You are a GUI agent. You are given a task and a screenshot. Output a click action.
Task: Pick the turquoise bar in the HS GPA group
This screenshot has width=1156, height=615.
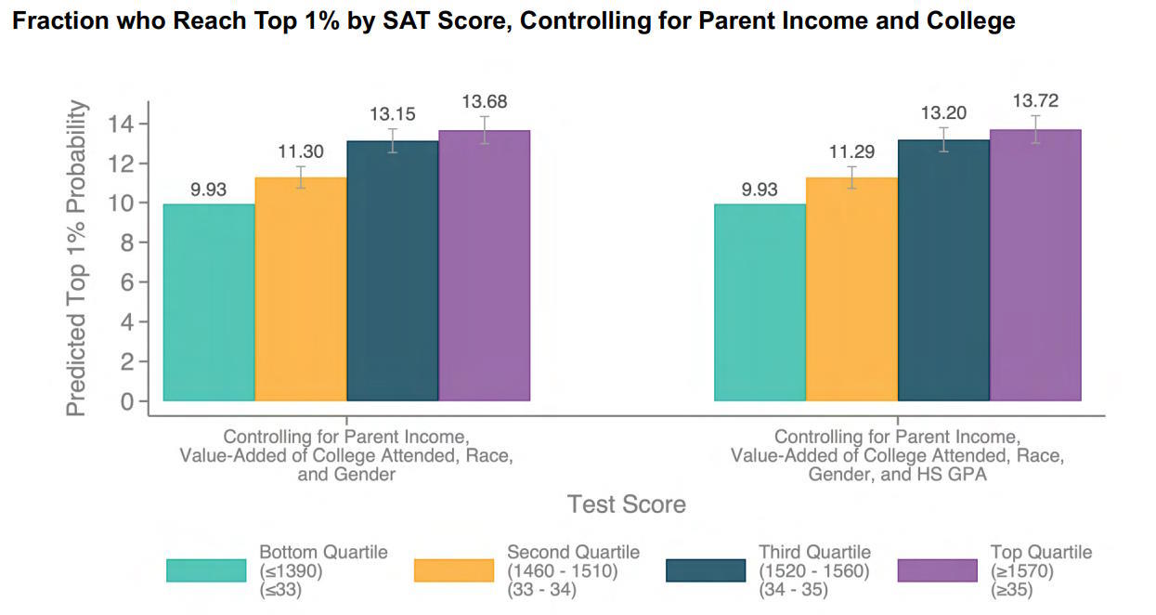(x=760, y=303)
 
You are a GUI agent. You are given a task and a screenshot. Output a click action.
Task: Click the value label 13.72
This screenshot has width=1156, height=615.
(x=1035, y=101)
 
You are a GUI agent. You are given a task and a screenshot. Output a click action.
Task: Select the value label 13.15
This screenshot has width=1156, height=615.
(x=392, y=114)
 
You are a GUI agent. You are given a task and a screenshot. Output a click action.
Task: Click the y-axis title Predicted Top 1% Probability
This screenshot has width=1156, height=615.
(x=78, y=258)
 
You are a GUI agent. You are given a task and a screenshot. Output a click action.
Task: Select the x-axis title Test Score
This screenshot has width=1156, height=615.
(x=627, y=504)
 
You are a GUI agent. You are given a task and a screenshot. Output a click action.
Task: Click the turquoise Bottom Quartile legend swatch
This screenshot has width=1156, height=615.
(x=206, y=570)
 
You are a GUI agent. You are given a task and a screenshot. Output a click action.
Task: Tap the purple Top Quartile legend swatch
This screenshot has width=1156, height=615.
(x=938, y=570)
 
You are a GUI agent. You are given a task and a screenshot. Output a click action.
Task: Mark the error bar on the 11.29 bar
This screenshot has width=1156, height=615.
(x=851, y=177)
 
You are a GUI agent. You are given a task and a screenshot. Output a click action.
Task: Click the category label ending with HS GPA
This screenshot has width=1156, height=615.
(x=897, y=455)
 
